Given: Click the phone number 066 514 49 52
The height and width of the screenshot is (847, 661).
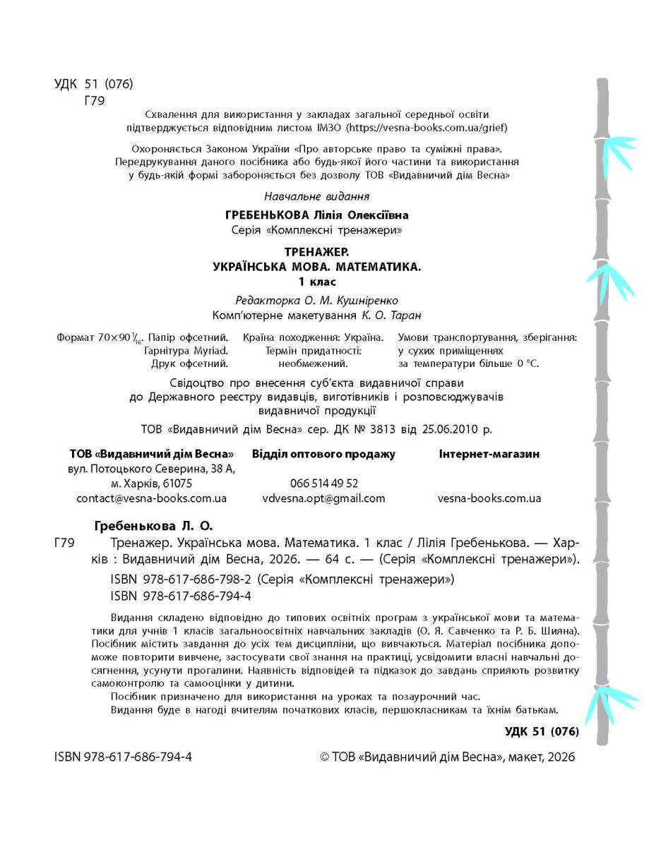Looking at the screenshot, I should [x=323, y=483].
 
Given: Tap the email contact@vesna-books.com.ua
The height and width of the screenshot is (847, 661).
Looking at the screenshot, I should [x=151, y=498].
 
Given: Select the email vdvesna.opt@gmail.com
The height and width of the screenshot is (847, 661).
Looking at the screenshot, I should [x=323, y=498].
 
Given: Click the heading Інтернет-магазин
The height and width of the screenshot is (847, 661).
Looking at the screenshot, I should [x=489, y=454].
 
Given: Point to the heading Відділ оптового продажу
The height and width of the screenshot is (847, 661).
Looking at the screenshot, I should [x=323, y=454].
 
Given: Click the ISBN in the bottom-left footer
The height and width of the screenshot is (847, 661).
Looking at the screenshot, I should [x=123, y=757].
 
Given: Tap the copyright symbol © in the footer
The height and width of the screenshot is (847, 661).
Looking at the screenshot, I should [x=325, y=757].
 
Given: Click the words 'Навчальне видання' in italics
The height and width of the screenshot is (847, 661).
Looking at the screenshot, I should [x=316, y=196].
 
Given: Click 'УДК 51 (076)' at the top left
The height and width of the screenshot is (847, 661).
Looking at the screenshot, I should [x=93, y=85].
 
